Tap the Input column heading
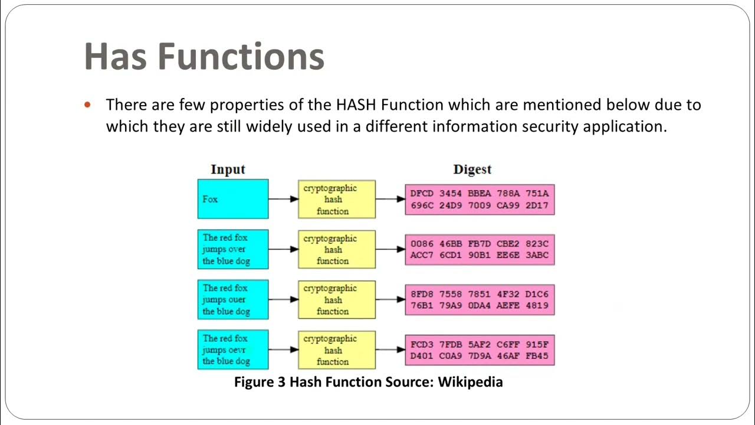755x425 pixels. tap(228, 169)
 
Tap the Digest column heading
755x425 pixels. tap(472, 169)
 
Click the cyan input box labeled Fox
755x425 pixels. tap(233, 199)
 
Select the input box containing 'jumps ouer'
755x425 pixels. tap(233, 300)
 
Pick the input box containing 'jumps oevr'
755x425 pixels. tap(233, 350)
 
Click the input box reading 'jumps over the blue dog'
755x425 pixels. tap(233, 249)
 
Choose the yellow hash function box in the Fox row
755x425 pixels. tap(336, 200)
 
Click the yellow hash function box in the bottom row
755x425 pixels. tap(336, 350)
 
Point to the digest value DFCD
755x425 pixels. tap(422, 193)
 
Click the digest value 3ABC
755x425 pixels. tap(537, 255)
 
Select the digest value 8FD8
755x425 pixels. tap(422, 293)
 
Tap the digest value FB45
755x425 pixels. tap(537, 356)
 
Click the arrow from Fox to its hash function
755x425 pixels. tap(283, 200)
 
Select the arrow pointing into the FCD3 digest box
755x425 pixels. tap(390, 350)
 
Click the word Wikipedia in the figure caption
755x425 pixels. tap(470, 382)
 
